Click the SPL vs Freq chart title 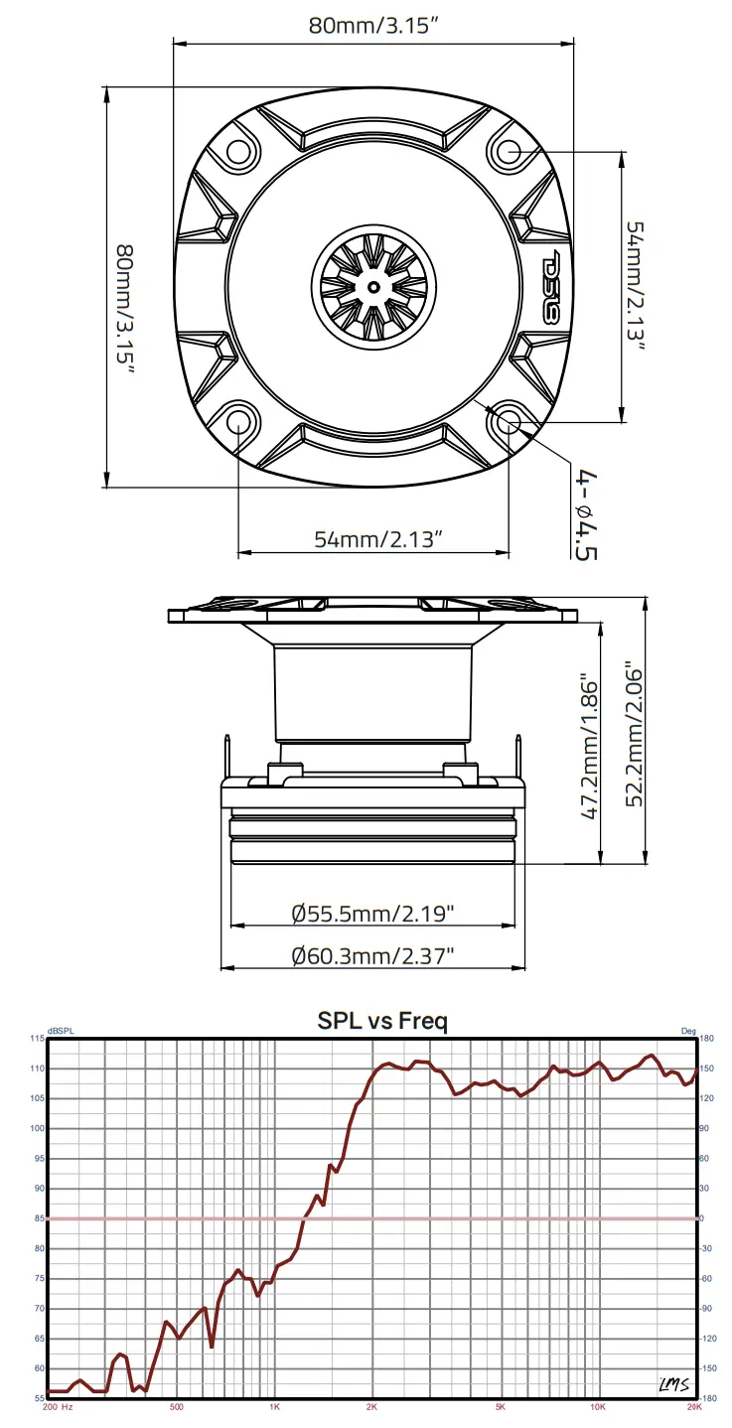[382, 1020]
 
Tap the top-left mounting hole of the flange [239, 152]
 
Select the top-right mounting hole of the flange [509, 152]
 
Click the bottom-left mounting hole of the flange [239, 421]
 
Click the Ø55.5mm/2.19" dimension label [372, 912]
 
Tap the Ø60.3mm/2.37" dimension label [372, 955]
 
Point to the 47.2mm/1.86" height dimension [590, 749]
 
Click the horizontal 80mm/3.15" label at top [373, 27]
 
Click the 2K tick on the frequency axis [371, 1406]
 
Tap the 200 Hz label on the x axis [57, 1406]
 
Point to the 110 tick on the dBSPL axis [38, 1069]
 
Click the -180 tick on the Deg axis [707, 1398]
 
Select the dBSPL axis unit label [61, 1031]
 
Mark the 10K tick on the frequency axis [597, 1406]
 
